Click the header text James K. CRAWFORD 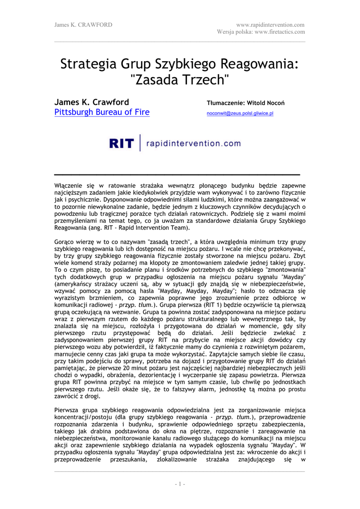click(83, 24)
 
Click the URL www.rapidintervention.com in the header click(271, 24)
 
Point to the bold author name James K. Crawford click(91, 102)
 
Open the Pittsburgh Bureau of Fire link click(101, 112)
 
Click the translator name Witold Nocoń click(267, 103)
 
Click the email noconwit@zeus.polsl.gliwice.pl click(240, 113)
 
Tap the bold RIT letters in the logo click(122, 144)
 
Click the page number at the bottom click(180, 484)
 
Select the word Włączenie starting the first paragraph click(68, 185)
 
